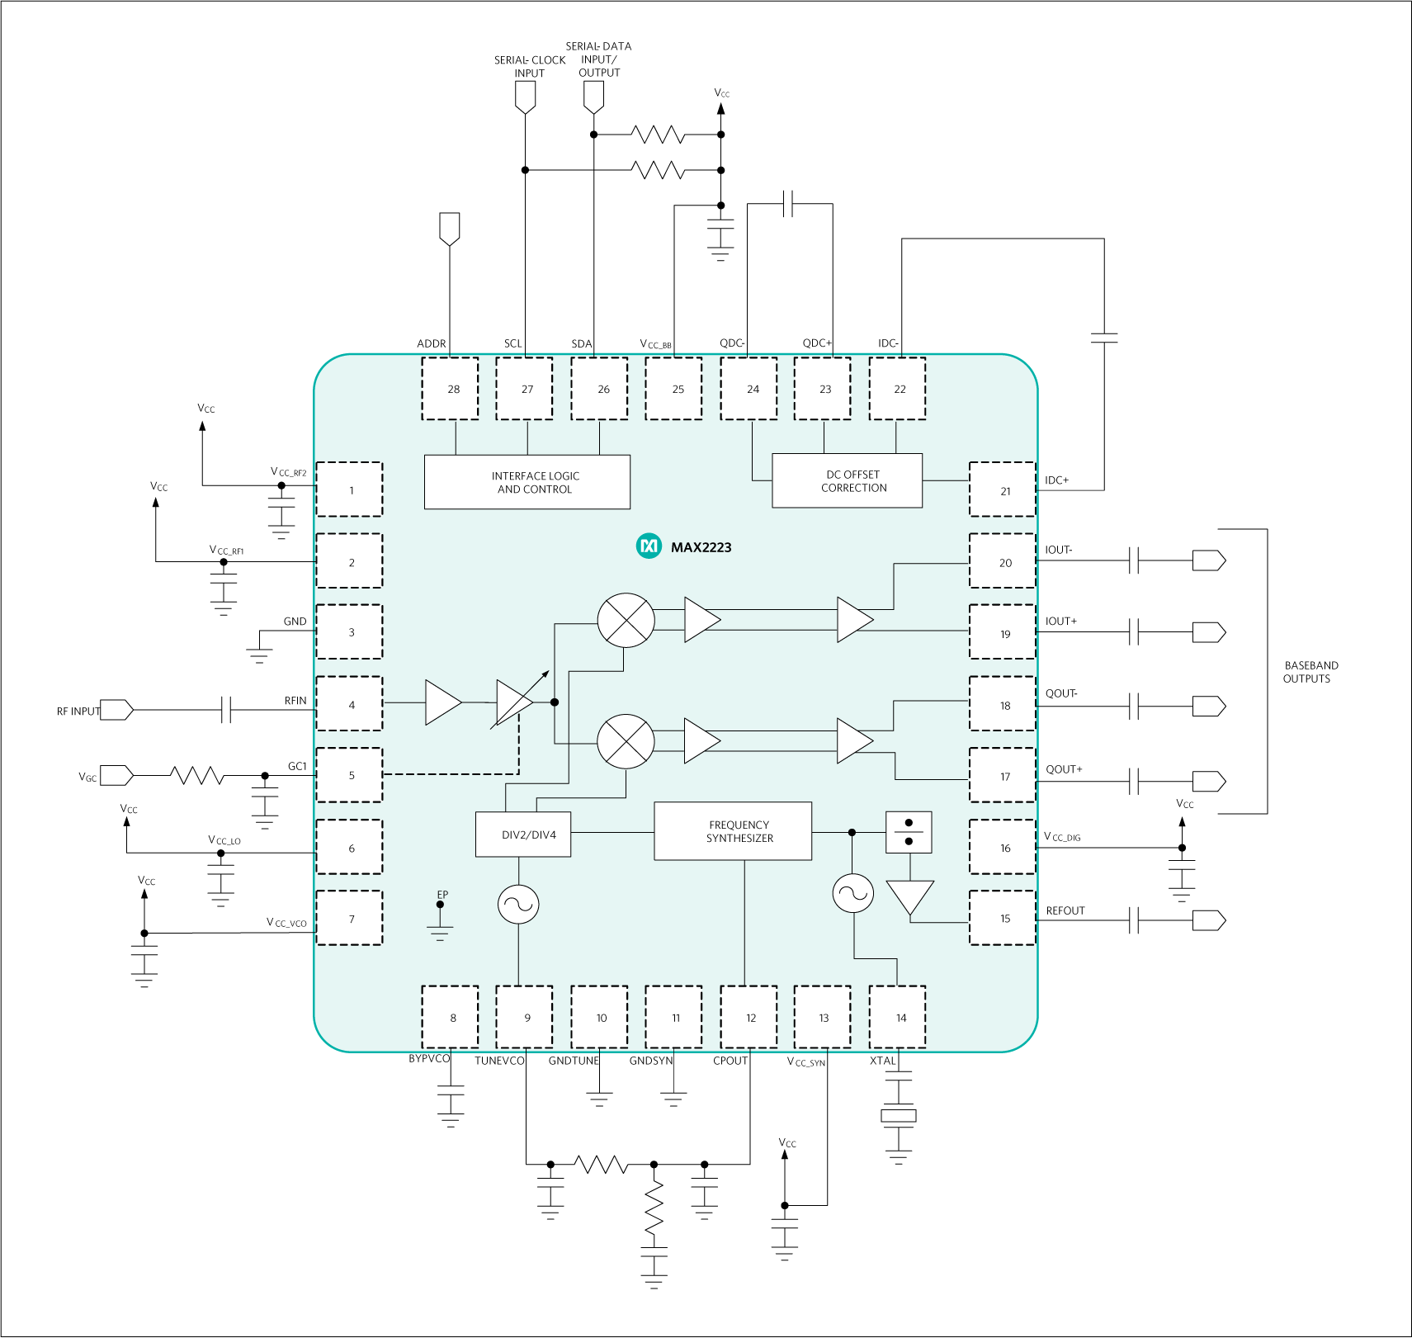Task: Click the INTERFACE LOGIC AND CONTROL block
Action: click(527, 482)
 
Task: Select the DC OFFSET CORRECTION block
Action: click(847, 480)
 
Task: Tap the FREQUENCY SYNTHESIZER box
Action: click(733, 831)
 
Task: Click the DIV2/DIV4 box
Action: click(523, 834)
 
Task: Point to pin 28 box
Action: click(450, 389)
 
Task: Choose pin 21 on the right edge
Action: click(1003, 490)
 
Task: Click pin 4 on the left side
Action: click(350, 704)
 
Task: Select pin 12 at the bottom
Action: click(749, 1018)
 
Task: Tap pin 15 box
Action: click(1003, 918)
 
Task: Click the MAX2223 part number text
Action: click(701, 547)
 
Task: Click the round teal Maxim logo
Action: click(649, 546)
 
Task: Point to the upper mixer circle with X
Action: click(626, 620)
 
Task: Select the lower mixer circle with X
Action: click(626, 741)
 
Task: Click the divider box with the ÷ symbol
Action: click(909, 832)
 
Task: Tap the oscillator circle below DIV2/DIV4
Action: click(518, 905)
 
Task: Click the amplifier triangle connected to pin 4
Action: click(442, 702)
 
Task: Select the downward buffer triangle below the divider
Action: click(909, 896)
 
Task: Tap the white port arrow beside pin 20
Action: click(1208, 561)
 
